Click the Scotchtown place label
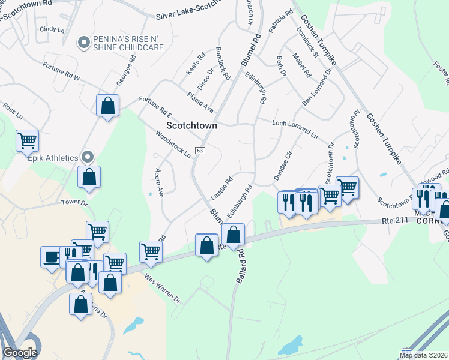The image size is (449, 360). pos(191,127)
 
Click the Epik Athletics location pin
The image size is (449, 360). pos(88,157)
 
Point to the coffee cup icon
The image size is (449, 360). pos(51,256)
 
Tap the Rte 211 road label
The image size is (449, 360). pos(395,221)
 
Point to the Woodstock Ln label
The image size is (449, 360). pos(173,143)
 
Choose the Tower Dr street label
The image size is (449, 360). pos(74,203)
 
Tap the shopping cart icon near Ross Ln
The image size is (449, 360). pos(27,140)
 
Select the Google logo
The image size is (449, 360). pos(20,352)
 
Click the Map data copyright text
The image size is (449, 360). pos(424,355)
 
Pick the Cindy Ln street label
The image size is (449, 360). pos(52,29)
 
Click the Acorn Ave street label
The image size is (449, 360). pos(160,181)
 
